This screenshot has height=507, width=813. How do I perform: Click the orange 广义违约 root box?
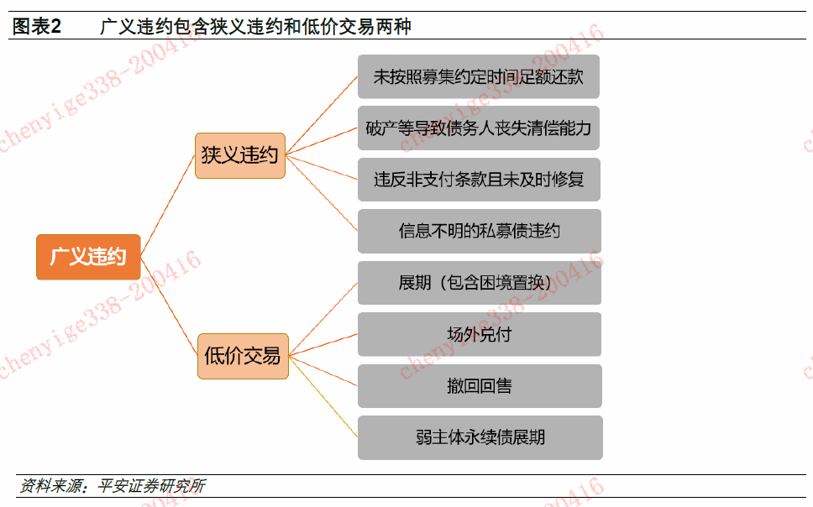[x=87, y=257]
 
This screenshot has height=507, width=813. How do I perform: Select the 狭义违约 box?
[x=240, y=155]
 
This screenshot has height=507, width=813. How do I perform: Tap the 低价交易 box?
[x=243, y=356]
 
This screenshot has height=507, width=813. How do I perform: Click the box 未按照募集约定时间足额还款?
[x=479, y=76]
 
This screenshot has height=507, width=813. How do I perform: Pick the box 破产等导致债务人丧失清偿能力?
[x=479, y=128]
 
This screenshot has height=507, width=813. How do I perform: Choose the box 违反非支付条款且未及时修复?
[x=479, y=180]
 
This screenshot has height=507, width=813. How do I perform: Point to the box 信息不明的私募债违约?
[x=479, y=231]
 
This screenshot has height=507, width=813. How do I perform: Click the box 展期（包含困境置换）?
[x=479, y=283]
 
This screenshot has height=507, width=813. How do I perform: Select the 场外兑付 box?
[x=479, y=334]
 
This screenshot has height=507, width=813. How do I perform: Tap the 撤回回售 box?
[x=479, y=386]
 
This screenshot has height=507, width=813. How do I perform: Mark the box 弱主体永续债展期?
[x=479, y=437]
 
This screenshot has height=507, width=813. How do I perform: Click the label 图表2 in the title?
[x=37, y=27]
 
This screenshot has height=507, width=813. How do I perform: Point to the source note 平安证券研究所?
[x=151, y=486]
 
